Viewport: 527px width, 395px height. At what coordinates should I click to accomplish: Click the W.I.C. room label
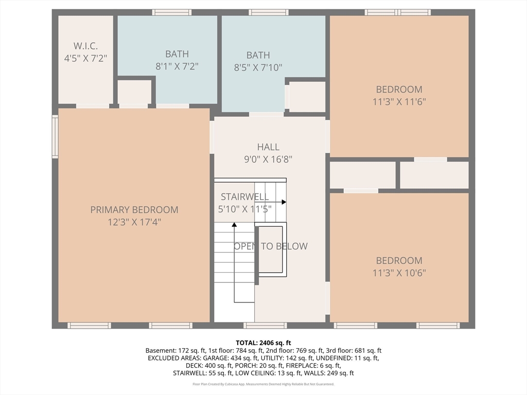tap(86, 46)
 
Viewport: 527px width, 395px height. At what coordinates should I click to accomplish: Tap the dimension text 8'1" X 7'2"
tap(177, 66)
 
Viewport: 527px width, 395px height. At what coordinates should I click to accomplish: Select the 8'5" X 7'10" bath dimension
tap(258, 67)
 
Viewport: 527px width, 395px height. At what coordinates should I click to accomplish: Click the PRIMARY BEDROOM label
tap(134, 210)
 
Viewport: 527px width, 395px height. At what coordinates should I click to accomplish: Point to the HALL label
tap(268, 147)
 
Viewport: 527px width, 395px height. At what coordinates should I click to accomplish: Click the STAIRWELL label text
tap(244, 196)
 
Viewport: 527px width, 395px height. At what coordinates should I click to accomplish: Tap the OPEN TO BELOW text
tap(271, 246)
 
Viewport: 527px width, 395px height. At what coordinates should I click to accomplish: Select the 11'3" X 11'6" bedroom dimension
tap(399, 101)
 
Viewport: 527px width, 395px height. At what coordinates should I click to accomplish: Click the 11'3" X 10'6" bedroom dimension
tap(399, 273)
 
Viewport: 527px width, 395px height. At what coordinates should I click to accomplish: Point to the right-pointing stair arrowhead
tap(284, 202)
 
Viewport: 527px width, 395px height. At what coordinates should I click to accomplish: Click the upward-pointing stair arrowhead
tap(234, 224)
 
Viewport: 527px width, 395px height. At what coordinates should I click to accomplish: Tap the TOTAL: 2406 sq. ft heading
tap(263, 343)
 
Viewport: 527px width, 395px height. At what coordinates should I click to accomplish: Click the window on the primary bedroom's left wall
tap(55, 136)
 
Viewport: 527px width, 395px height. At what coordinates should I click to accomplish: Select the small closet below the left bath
tap(134, 92)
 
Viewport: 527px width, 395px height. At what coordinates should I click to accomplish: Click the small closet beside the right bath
tap(307, 97)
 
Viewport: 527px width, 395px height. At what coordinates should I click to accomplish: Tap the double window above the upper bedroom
tap(398, 12)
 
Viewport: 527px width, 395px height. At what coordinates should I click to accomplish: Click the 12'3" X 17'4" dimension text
tap(134, 222)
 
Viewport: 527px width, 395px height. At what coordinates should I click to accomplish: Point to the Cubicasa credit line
tap(263, 384)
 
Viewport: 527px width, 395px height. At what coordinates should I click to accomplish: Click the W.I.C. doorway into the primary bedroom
tap(93, 106)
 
